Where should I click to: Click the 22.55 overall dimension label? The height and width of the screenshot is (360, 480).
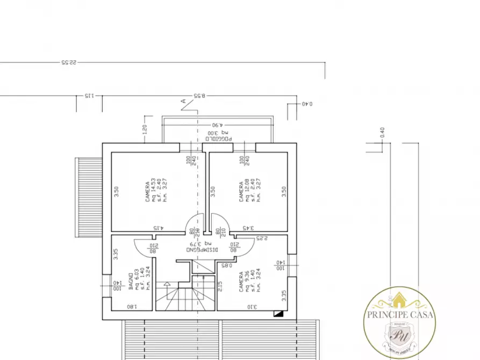(69, 62)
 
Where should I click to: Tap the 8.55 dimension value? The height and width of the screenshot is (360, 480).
(199, 96)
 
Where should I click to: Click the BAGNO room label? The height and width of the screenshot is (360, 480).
(131, 281)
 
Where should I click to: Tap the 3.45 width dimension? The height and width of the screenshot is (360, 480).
(247, 228)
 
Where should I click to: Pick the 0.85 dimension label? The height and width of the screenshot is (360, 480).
(226, 265)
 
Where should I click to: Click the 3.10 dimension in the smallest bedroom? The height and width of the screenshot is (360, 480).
(252, 307)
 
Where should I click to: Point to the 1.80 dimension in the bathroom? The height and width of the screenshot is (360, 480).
(131, 307)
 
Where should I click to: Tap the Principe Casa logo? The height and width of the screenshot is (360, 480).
(400, 323)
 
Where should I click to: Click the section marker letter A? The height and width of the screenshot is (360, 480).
(183, 100)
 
